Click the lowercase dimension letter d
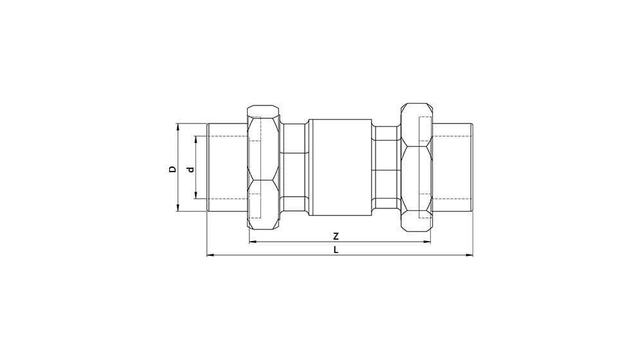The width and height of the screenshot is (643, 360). pos(190,169)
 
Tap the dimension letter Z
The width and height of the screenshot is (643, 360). pos(336,236)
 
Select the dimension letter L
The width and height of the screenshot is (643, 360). pos(336,249)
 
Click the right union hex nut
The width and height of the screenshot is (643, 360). pos(416,167)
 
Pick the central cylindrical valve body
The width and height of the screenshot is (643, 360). pos(340,167)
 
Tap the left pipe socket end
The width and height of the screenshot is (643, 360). pos(228,167)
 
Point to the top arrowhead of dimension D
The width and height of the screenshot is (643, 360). pos(178,126)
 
